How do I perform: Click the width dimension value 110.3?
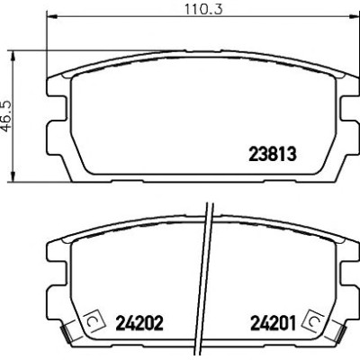point(203,9)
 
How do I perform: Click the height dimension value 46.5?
point(6,116)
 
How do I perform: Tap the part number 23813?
point(273,154)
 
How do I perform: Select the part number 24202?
point(139,323)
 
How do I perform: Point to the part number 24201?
point(273,323)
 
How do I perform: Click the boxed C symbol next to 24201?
point(314,321)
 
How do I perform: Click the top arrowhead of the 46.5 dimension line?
point(13,56)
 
